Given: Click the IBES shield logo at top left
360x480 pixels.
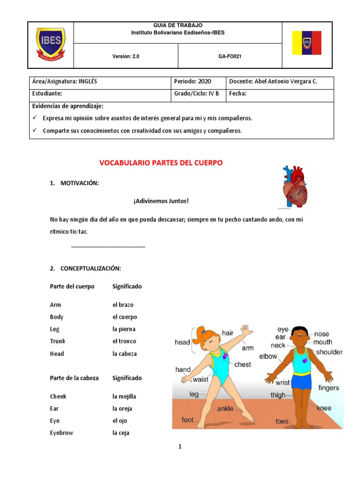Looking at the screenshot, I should tap(51, 44).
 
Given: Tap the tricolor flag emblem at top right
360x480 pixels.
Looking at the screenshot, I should tap(307, 43).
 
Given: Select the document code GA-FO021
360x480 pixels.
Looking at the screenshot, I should tap(230, 56).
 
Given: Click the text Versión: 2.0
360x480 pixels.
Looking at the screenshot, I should tap(126, 56).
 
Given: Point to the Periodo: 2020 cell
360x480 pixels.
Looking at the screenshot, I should tap(193, 82).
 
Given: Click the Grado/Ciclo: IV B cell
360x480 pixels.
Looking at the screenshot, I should tap(196, 94).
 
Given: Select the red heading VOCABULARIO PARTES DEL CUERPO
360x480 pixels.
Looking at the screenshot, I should tap(161, 163).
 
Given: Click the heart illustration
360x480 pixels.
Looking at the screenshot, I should tap(294, 187).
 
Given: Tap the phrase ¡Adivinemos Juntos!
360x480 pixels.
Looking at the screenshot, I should tap(161, 201).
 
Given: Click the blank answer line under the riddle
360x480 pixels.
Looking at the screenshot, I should tap(108, 246).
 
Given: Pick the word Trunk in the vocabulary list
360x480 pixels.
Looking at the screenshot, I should tap(58, 341).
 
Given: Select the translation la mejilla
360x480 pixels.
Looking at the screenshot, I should tap(124, 397).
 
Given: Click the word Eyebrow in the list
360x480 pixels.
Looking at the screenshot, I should tap(61, 433).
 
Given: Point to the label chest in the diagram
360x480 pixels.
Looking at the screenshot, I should tap(242, 364).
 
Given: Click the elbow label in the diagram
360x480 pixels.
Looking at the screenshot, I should tap(268, 356).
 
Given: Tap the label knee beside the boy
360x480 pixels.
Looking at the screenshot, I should tap(323, 408).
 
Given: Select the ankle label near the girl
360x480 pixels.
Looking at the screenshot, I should tap(225, 409).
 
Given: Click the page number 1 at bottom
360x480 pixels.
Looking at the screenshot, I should tap(180, 447).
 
